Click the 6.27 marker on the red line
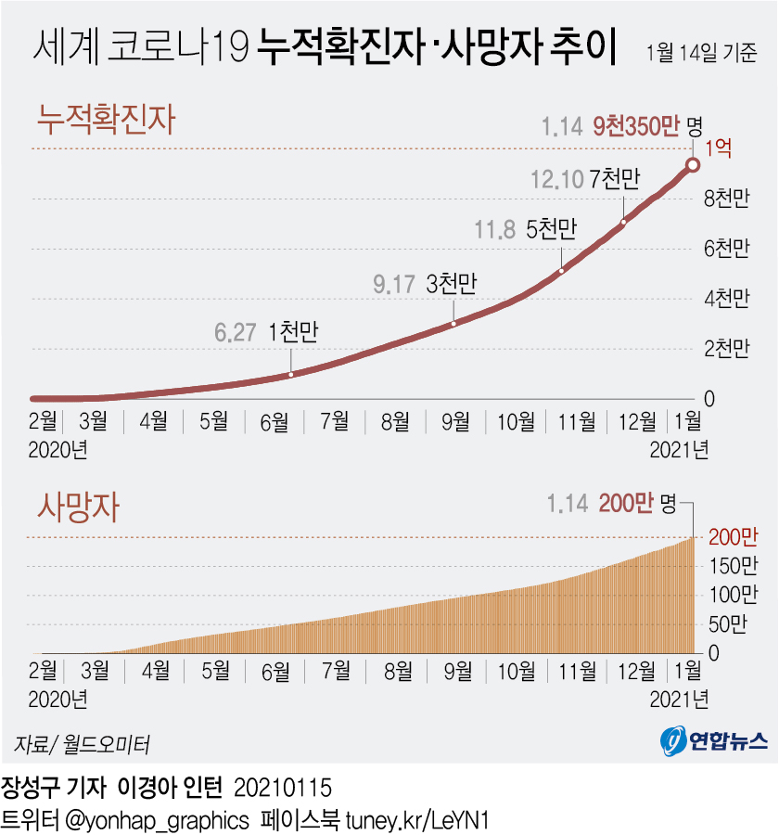click(290, 374)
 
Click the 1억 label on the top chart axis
click(720, 148)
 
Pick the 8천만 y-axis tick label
click(727, 199)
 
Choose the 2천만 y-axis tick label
click(727, 349)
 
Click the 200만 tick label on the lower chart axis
click(733, 537)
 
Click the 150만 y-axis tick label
click(733, 566)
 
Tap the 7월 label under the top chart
click(335, 421)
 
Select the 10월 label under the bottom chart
click(517, 668)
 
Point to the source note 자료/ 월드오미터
click(82, 744)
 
